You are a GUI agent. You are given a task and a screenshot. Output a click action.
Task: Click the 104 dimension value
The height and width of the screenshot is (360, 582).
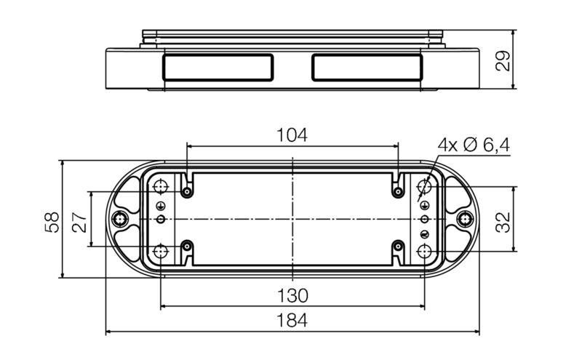[x=292, y=135]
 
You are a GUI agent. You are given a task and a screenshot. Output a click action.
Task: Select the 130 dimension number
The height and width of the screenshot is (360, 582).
[x=292, y=295]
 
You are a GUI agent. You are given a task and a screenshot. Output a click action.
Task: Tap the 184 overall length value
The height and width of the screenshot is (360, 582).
[x=292, y=320]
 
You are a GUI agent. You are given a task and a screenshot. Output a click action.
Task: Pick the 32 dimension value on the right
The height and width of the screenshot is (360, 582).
[x=503, y=218]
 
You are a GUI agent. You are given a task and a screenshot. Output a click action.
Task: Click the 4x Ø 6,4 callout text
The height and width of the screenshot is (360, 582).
[x=474, y=145]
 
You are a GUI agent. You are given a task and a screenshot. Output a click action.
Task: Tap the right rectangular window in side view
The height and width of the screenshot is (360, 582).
[x=367, y=67]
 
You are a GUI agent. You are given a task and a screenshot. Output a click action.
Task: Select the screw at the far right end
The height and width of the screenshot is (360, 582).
[x=463, y=218]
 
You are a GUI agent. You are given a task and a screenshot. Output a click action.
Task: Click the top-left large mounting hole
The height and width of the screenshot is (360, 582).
[x=160, y=188]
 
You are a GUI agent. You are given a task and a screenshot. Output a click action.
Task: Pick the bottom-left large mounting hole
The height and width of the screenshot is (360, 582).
[x=160, y=251]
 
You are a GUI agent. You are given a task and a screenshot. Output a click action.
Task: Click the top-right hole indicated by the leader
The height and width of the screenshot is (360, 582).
[x=425, y=188]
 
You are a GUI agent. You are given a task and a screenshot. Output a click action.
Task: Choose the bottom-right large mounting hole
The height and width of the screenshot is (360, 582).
[x=425, y=251]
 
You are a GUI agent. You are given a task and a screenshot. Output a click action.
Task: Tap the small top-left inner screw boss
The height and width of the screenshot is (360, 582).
[x=188, y=192]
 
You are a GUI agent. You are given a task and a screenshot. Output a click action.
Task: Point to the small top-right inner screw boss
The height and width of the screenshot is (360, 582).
[x=397, y=192]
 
